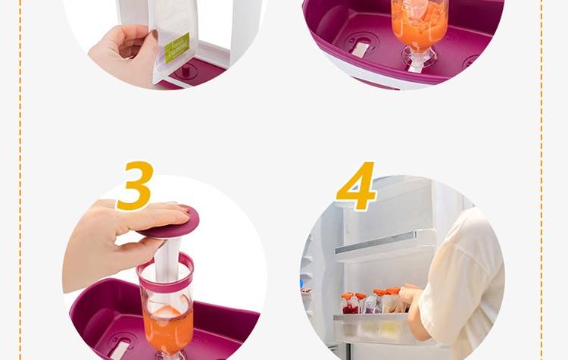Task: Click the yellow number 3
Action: pos(135,186)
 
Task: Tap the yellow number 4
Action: pos(356,186)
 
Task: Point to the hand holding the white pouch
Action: pos(121,53)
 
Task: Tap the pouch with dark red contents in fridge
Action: pos(350,305)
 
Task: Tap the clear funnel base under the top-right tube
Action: pos(416,57)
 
